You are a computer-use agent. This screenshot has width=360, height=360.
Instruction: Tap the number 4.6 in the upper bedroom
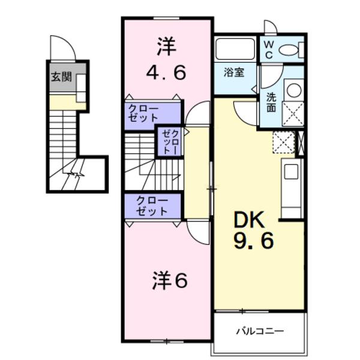166,72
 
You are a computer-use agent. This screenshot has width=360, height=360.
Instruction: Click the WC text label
268,49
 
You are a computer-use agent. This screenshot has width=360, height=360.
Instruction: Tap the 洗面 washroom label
271,101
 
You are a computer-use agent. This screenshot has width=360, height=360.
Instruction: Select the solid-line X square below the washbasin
293,113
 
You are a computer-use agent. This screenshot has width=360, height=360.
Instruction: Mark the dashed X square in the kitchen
283,143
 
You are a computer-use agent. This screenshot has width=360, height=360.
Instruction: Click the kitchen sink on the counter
291,172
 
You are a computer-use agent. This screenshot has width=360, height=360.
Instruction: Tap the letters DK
248,220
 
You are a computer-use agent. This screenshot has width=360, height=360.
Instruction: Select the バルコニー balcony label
259,331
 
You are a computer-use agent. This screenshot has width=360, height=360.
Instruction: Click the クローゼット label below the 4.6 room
143,112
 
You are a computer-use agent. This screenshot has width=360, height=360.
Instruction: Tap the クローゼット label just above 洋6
152,205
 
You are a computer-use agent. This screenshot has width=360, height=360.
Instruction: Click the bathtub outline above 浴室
235,49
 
